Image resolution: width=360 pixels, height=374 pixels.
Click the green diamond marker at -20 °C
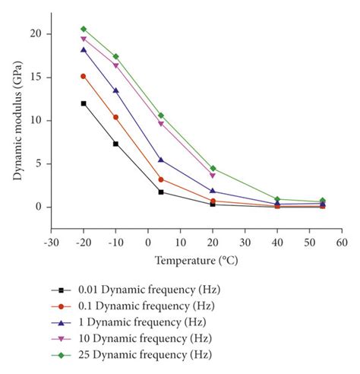pos(84,29)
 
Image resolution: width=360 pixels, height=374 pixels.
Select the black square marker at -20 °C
pos(84,103)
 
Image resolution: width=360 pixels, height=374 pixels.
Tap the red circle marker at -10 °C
pos(115,117)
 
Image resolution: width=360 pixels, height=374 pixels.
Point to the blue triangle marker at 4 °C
pos(161,160)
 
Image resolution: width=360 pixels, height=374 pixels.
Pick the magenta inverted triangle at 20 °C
pos(213,176)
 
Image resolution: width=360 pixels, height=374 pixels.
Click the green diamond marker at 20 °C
pos(213,168)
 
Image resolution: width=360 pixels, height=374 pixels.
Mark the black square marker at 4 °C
pos(161,192)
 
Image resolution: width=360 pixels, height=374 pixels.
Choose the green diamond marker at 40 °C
pos(277,199)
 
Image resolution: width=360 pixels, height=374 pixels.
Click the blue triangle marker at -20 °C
pos(84,49)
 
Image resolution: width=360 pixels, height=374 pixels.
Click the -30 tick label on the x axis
pos(50,242)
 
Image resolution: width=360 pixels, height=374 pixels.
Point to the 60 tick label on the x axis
pos(342,242)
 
